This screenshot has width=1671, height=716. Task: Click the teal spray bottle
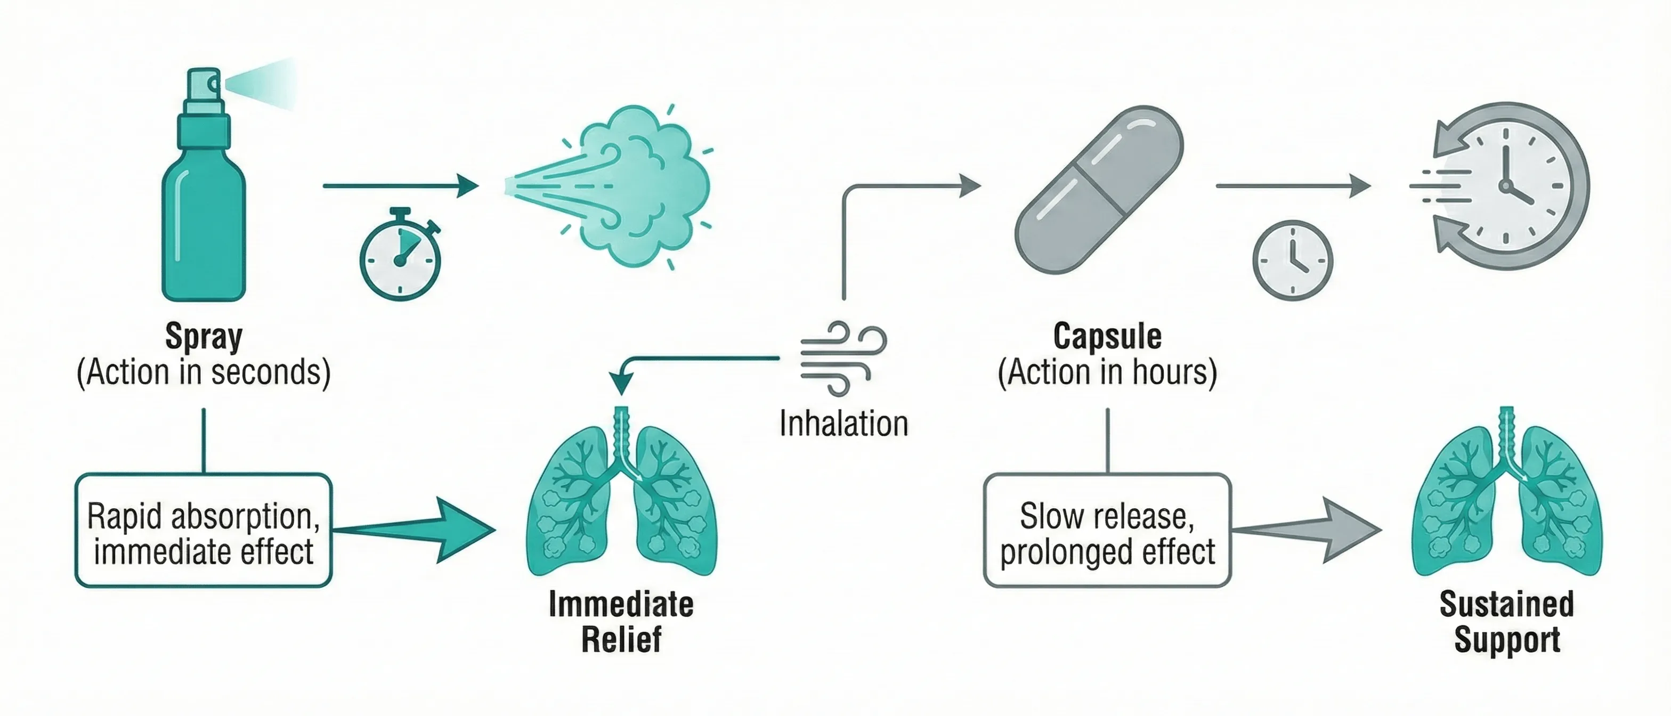coord(203,208)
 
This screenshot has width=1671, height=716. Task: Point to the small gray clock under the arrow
coord(1292,260)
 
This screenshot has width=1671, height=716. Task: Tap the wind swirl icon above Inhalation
coord(842,357)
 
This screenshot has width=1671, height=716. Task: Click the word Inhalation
coord(843,424)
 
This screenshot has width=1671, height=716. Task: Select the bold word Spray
coord(204,337)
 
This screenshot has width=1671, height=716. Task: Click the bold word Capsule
coord(1107,337)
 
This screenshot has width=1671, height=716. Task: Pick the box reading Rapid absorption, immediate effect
coord(204,531)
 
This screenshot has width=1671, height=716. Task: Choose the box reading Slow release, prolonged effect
coord(1107,531)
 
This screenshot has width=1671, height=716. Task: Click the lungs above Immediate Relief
coord(621,499)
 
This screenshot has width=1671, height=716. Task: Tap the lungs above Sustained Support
coord(1507,499)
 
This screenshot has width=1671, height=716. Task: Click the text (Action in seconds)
coord(204,373)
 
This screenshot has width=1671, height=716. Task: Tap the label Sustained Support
coord(1507,621)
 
